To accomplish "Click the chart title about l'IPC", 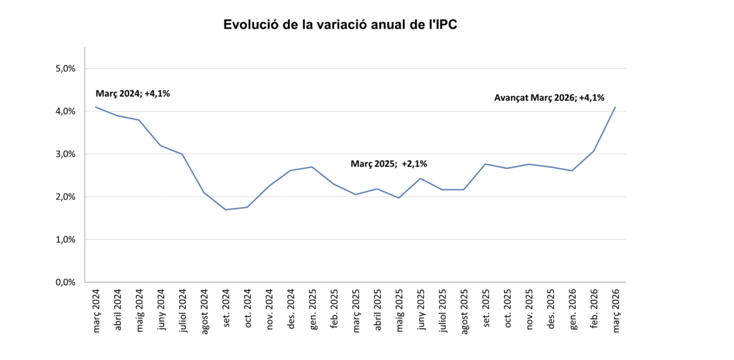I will (x=340, y=25).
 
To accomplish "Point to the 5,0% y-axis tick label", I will (x=65, y=69).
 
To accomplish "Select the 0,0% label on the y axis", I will (x=65, y=282).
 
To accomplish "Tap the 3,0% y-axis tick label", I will (x=65, y=154).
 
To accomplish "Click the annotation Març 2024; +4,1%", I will (x=132, y=93).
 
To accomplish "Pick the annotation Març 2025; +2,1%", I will (x=389, y=164).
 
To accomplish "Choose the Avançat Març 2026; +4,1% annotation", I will (x=549, y=98).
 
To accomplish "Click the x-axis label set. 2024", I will (x=226, y=308).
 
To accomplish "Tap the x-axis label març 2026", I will (x=615, y=310).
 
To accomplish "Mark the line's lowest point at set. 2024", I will (x=226, y=210).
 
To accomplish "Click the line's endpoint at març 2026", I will (x=615, y=107).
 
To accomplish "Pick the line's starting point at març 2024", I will (x=96, y=107).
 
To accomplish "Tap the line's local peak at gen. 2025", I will (x=312, y=167).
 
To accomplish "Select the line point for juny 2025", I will (x=421, y=179).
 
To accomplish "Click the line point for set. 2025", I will (x=485, y=164).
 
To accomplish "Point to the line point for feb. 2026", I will (x=594, y=151).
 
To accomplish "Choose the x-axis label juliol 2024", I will (x=183, y=310).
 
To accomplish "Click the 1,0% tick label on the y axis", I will (x=65, y=239).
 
